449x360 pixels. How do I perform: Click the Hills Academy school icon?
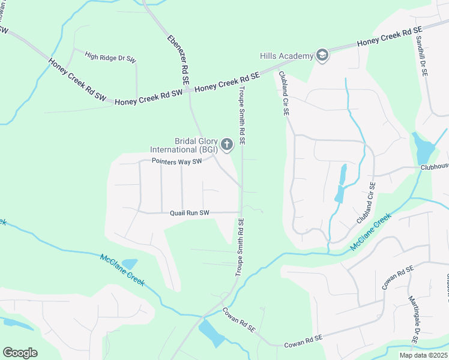pyautogui.click(x=322, y=56)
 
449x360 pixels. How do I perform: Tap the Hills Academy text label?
pyautogui.click(x=287, y=56)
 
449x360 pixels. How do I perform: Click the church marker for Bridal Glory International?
pyautogui.click(x=226, y=144)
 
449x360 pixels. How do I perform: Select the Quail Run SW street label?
pyautogui.click(x=189, y=212)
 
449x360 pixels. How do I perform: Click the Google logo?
pyautogui.click(x=20, y=353)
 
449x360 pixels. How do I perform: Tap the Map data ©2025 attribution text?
pyautogui.click(x=424, y=355)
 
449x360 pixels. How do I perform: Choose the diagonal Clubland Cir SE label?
pyautogui.click(x=366, y=203)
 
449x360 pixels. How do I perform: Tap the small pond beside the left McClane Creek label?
pyautogui.click(x=129, y=263)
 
